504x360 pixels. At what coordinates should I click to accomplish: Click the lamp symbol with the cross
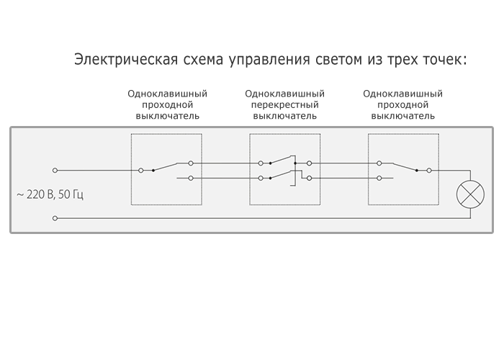click(x=470, y=194)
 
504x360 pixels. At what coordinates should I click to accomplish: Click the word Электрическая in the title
click(x=126, y=60)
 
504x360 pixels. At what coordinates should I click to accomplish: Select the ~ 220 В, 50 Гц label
click(x=50, y=195)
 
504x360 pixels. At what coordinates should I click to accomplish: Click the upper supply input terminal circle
click(x=55, y=171)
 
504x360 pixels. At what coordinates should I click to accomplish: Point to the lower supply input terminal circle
click(x=55, y=218)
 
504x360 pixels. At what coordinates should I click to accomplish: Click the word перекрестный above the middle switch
click(x=285, y=105)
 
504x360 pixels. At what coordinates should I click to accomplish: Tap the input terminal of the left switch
click(x=141, y=171)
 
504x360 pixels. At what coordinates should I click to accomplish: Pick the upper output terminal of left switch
click(x=191, y=163)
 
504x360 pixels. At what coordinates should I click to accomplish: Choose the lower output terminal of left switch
click(x=191, y=178)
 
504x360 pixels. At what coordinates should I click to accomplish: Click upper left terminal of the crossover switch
click(x=261, y=163)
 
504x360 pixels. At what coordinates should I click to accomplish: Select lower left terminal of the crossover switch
click(x=261, y=178)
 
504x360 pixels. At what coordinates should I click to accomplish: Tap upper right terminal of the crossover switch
click(x=309, y=163)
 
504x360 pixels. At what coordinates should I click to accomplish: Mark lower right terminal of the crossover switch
click(x=309, y=178)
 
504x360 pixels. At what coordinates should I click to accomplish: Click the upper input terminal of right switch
click(x=379, y=163)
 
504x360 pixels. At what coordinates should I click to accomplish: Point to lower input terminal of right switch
click(x=379, y=178)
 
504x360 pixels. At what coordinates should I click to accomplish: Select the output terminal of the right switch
click(x=429, y=171)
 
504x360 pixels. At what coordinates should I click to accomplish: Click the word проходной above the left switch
click(x=167, y=105)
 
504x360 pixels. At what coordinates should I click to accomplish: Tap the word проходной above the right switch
click(x=402, y=105)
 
